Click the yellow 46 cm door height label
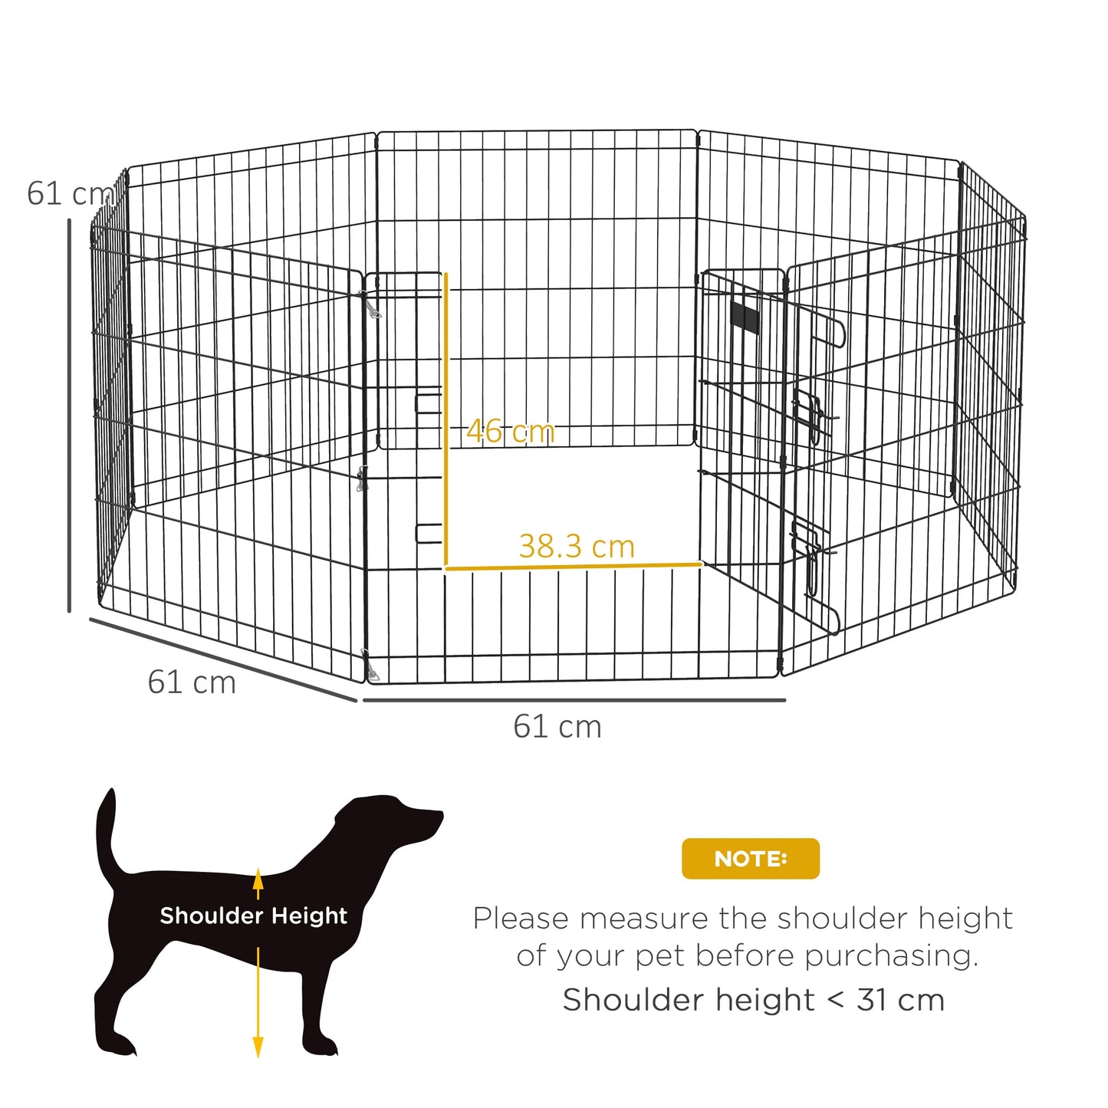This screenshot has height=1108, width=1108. [x=510, y=432]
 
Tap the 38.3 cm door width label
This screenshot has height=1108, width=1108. [x=577, y=547]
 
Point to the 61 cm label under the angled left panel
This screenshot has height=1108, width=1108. [x=192, y=682]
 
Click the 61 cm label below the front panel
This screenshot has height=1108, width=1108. [x=557, y=727]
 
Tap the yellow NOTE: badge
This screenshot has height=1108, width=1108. [x=750, y=859]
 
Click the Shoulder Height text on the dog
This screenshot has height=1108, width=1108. [x=253, y=916]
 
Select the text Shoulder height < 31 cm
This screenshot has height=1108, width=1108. [x=753, y=1000]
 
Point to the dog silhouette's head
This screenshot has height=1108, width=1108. [x=399, y=820]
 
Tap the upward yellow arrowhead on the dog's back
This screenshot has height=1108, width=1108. [x=258, y=878]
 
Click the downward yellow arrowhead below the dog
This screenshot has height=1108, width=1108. [x=258, y=1047]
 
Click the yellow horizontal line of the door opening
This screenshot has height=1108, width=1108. [x=574, y=567]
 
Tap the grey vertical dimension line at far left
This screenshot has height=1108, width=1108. [x=69, y=414]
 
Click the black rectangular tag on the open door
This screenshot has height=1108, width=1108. [x=744, y=317]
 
